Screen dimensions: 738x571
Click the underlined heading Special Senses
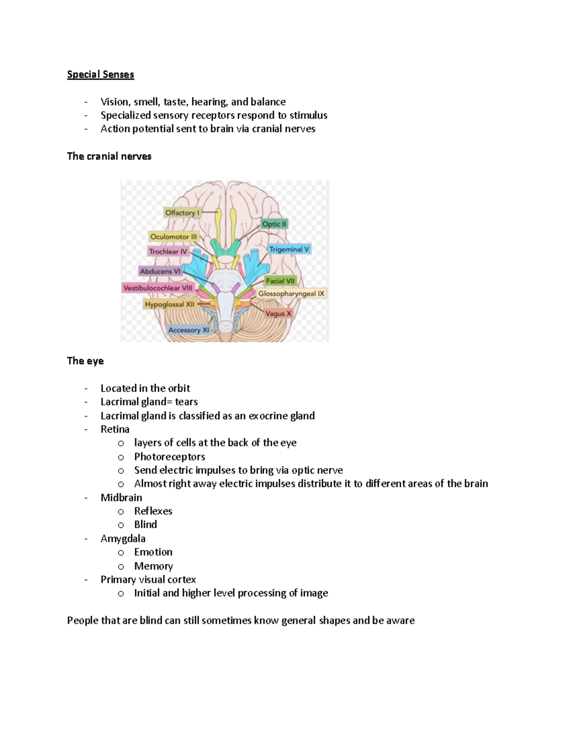click(100, 75)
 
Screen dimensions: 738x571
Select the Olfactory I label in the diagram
click(182, 213)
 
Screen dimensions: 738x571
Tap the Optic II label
click(274, 224)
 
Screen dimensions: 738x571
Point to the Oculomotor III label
click(173, 237)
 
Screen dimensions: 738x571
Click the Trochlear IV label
click(168, 251)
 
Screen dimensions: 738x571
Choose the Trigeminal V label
click(289, 249)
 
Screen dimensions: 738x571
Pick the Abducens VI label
click(160, 271)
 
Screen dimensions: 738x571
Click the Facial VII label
click(280, 281)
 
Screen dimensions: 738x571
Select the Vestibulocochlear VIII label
click(158, 288)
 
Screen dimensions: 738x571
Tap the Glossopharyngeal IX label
click(291, 294)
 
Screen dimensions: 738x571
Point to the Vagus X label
click(278, 314)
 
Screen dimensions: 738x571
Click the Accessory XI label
click(188, 330)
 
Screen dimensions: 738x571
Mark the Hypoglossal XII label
click(170, 304)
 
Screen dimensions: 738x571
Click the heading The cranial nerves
click(109, 156)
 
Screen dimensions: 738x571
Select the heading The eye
click(85, 361)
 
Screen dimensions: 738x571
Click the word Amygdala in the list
click(123, 539)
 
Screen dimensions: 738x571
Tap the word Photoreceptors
click(169, 457)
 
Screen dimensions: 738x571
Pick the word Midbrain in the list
click(121, 498)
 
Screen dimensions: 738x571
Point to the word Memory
click(153, 566)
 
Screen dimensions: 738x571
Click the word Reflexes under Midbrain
click(153, 511)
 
